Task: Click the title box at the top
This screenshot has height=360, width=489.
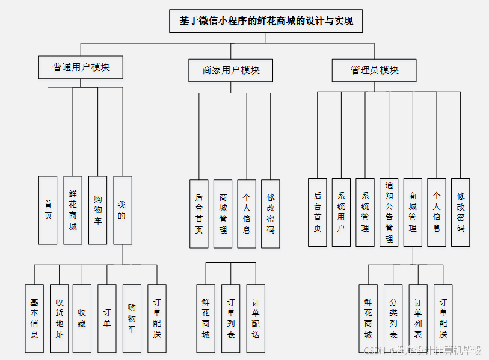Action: (266, 21)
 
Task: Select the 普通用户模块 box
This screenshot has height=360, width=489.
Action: (81, 67)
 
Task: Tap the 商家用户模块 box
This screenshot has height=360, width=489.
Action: (231, 70)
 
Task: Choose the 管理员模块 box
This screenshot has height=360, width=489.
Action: (374, 70)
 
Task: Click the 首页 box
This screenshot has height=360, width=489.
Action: (48, 210)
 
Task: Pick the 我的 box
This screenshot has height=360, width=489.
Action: (122, 210)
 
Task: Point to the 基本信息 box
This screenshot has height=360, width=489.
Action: (34, 318)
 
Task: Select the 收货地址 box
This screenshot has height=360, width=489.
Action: (59, 318)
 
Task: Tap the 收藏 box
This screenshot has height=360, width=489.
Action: (82, 318)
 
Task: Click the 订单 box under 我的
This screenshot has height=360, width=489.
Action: (107, 318)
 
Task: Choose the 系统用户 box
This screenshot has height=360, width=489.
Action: (341, 212)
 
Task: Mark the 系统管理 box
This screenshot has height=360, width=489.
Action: (365, 212)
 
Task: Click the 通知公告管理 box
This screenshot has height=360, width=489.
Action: (389, 212)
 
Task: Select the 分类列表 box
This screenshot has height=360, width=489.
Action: (393, 318)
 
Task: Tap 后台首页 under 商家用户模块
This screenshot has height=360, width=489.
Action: (199, 214)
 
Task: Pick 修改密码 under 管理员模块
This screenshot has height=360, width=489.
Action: (461, 212)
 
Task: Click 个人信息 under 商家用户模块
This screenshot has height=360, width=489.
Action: (247, 214)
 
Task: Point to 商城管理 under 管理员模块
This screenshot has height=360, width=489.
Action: (413, 212)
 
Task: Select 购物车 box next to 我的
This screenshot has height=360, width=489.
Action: (97, 210)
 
